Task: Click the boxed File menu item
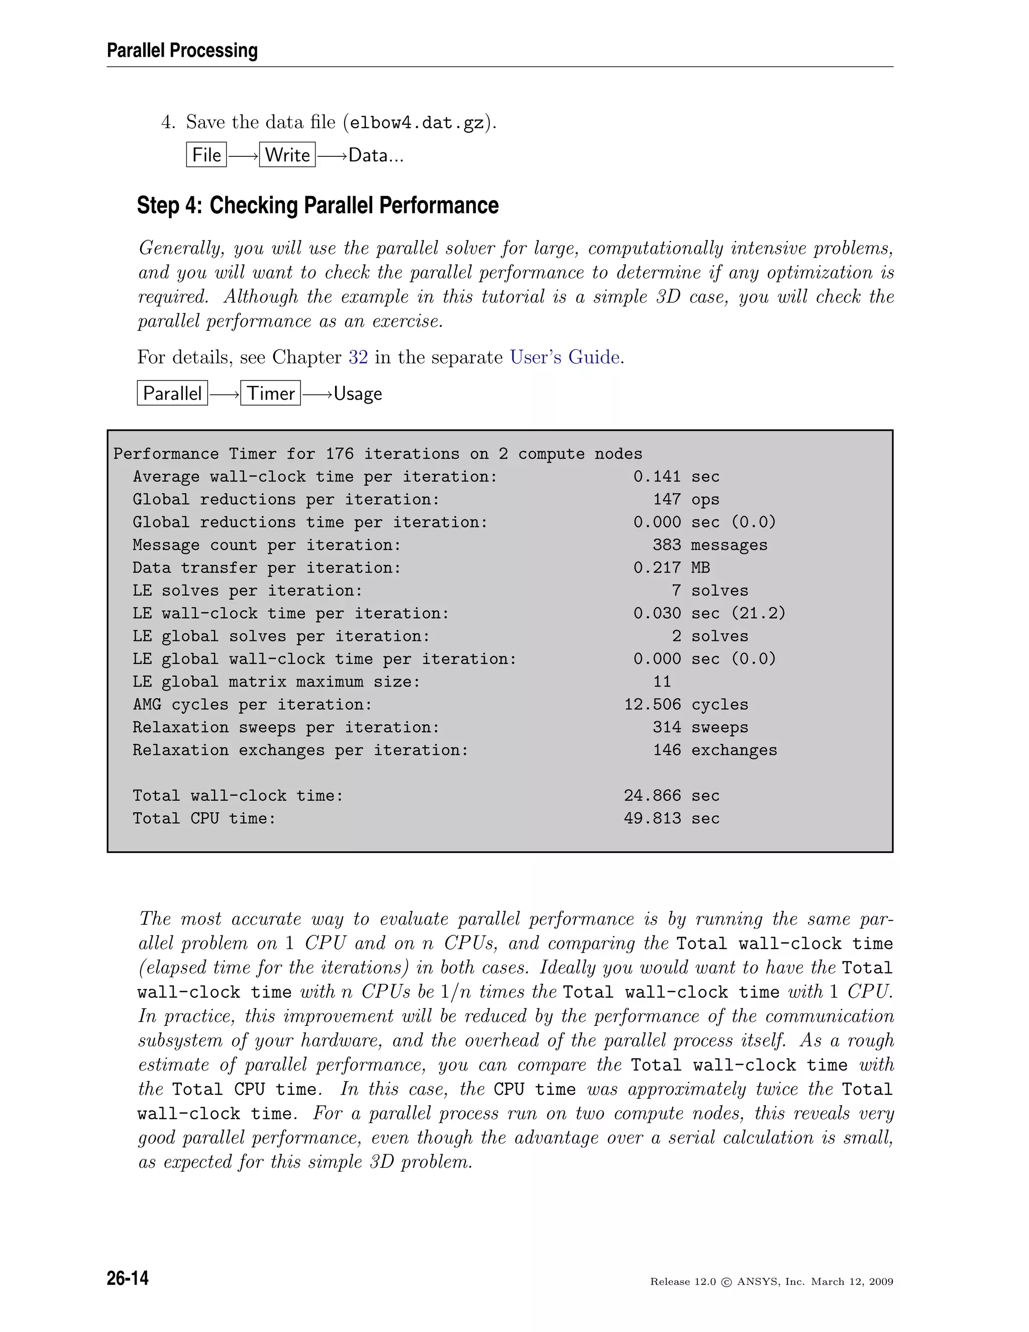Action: [x=206, y=155]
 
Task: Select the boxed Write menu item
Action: [x=287, y=155]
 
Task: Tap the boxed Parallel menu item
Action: [x=172, y=394]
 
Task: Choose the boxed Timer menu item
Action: [x=271, y=394]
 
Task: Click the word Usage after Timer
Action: [x=358, y=394]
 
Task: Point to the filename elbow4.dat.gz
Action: [x=417, y=123]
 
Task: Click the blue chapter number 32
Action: [x=358, y=357]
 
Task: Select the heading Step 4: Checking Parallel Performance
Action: [x=318, y=206]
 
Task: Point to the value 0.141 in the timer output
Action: [x=657, y=477]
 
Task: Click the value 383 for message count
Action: [x=667, y=545]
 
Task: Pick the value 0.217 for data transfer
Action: [x=657, y=568]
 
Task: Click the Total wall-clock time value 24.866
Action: [x=652, y=796]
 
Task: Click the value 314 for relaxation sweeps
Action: [x=667, y=728]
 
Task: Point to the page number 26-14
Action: [x=128, y=1278]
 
